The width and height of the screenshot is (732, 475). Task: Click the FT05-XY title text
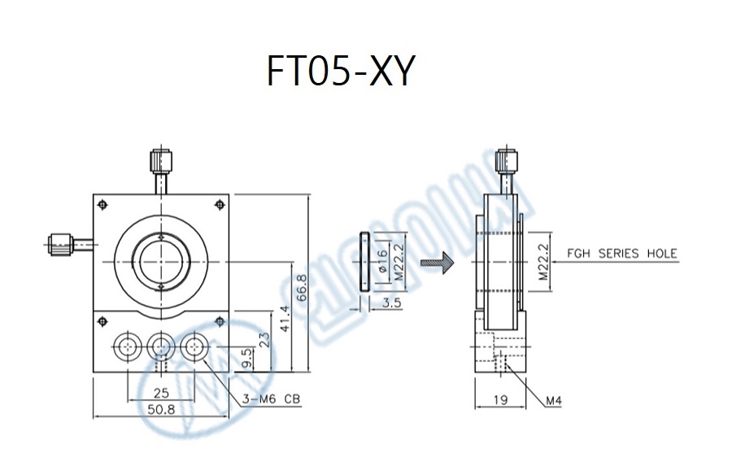pyautogui.click(x=340, y=71)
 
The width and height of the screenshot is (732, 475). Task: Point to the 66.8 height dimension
pyautogui.click(x=302, y=287)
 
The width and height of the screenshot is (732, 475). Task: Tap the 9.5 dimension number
pyautogui.click(x=247, y=358)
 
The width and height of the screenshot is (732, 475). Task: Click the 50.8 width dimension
pyautogui.click(x=161, y=410)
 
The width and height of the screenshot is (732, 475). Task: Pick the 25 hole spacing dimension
pyautogui.click(x=161, y=394)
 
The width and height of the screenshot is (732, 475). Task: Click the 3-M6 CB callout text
pyautogui.click(x=271, y=399)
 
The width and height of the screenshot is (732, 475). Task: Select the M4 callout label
pyautogui.click(x=554, y=400)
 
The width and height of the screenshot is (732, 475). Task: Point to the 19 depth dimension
pyautogui.click(x=500, y=400)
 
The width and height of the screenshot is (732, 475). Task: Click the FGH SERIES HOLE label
pyautogui.click(x=622, y=254)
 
